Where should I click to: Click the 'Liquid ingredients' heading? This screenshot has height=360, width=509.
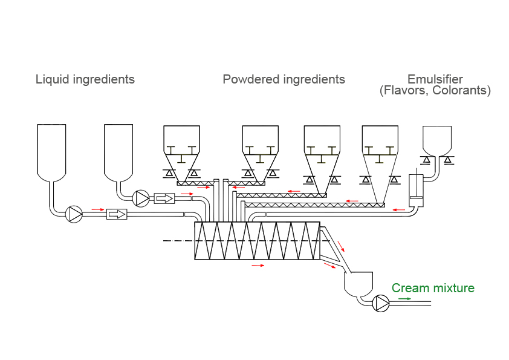pos(85,79)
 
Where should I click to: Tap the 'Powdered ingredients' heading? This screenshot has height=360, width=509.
pos(284,79)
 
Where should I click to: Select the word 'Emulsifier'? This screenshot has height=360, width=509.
pos(435,79)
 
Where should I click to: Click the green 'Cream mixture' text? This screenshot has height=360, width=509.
pos(433,288)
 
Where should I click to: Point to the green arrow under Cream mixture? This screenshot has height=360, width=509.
pos(404,298)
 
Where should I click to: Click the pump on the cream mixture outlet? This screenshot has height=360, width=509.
pos(381,303)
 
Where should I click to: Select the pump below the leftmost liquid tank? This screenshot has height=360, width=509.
pos(74,214)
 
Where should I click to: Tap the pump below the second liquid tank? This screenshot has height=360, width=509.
pos(141,198)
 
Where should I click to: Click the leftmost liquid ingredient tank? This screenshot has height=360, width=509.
pos(51,151)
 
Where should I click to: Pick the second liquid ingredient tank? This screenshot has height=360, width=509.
pos(118,151)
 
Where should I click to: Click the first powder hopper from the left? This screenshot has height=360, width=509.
pos(181,151)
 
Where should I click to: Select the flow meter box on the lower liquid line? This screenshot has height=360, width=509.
pos(117,214)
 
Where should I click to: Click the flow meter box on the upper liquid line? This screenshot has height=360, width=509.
pos(164,198)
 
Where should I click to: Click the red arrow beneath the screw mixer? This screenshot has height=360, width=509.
pos(258,265)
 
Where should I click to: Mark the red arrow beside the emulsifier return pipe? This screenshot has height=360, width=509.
pos(399,209)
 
